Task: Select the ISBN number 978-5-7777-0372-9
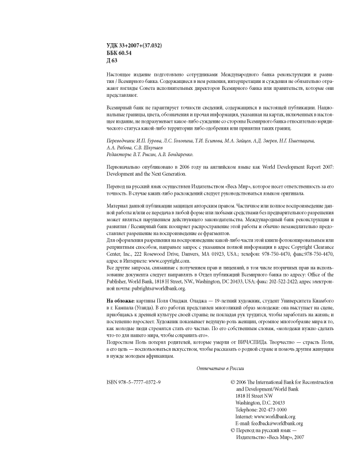(134, 382)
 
